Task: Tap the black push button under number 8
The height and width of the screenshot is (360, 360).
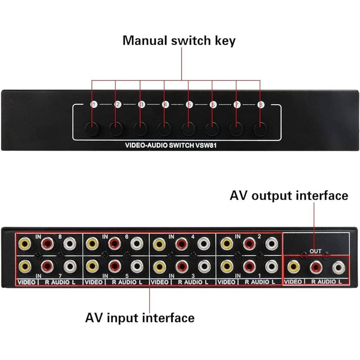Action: (261, 129)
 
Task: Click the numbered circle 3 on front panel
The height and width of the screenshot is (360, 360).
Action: (141, 105)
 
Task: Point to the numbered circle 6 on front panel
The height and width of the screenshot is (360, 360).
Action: (213, 105)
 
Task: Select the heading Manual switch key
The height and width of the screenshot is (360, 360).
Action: (179, 41)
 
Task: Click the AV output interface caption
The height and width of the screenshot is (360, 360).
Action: (289, 196)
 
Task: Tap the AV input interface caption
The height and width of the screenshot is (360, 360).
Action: (140, 318)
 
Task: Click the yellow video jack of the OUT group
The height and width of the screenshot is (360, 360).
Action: (294, 266)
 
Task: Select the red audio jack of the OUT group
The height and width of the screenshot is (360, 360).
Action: (316, 266)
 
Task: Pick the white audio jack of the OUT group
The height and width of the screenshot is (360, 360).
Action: (339, 266)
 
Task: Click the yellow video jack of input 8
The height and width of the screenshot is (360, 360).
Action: (25, 243)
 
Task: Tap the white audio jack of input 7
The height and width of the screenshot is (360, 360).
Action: (70, 266)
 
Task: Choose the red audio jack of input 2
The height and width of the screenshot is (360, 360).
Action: (249, 243)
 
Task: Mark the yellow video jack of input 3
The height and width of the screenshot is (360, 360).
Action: (159, 266)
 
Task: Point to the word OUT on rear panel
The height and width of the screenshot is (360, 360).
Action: (316, 252)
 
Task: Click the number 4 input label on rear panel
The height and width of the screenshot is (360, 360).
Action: (192, 236)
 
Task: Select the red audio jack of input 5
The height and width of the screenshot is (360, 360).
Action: (114, 266)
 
